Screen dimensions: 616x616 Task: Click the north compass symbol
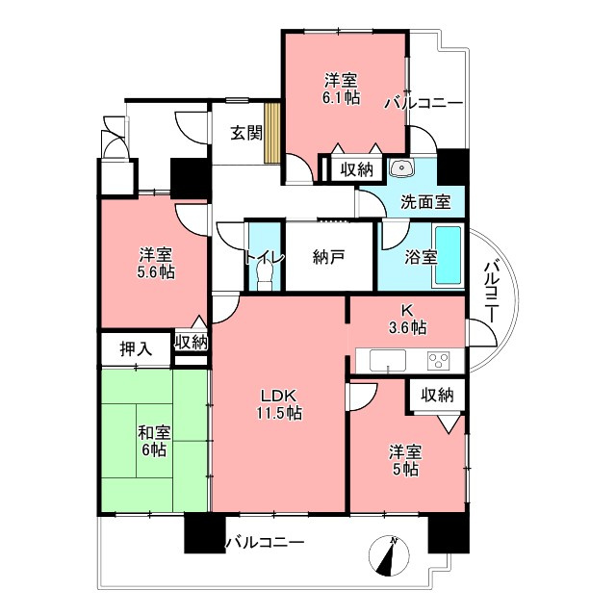click(389, 556)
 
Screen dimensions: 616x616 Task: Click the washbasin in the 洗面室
click(401, 168)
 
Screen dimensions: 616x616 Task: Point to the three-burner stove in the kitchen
click(439, 360)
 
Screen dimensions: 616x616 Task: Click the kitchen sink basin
click(388, 360)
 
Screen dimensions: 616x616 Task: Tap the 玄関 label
click(246, 134)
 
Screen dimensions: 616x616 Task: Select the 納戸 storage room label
click(329, 257)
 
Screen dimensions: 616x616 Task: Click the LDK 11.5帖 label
click(280, 404)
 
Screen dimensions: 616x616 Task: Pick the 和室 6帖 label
click(154, 441)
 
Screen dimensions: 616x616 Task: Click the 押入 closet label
click(136, 348)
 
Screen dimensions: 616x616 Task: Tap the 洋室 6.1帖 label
click(341, 90)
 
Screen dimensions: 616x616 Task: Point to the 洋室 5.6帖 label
click(156, 264)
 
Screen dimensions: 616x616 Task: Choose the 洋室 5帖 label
click(405, 460)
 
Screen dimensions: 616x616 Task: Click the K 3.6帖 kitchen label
click(407, 319)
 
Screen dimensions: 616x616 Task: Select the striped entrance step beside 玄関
click(271, 133)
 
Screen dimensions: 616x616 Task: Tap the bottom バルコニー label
click(265, 543)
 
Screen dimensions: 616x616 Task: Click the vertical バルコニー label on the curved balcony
click(491, 293)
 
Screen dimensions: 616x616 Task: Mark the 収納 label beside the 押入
click(192, 343)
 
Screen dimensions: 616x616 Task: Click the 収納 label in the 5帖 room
click(437, 395)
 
